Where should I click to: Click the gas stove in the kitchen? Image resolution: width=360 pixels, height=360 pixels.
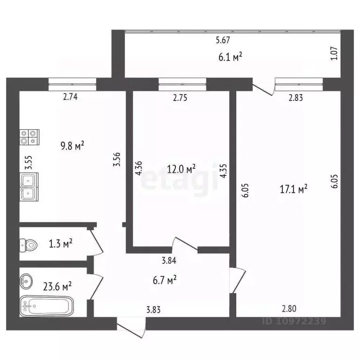[29, 136]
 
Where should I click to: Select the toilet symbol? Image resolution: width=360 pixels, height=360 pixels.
[29, 245]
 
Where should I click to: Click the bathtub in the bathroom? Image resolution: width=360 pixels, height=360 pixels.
[46, 307]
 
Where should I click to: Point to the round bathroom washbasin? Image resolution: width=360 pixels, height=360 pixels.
[27, 282]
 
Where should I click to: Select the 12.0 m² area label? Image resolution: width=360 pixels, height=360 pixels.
[181, 168]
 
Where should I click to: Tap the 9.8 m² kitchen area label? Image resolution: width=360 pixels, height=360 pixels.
[73, 145]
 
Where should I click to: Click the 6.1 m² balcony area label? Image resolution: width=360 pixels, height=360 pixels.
[231, 57]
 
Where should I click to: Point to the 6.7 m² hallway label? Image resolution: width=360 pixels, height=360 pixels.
[165, 280]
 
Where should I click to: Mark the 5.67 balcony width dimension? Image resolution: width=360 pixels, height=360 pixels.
[223, 41]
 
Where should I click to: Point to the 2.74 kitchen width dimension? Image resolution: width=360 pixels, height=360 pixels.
[70, 97]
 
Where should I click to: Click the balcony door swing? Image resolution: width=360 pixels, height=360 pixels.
[263, 89]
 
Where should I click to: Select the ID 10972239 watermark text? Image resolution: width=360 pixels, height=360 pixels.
[294, 322]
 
